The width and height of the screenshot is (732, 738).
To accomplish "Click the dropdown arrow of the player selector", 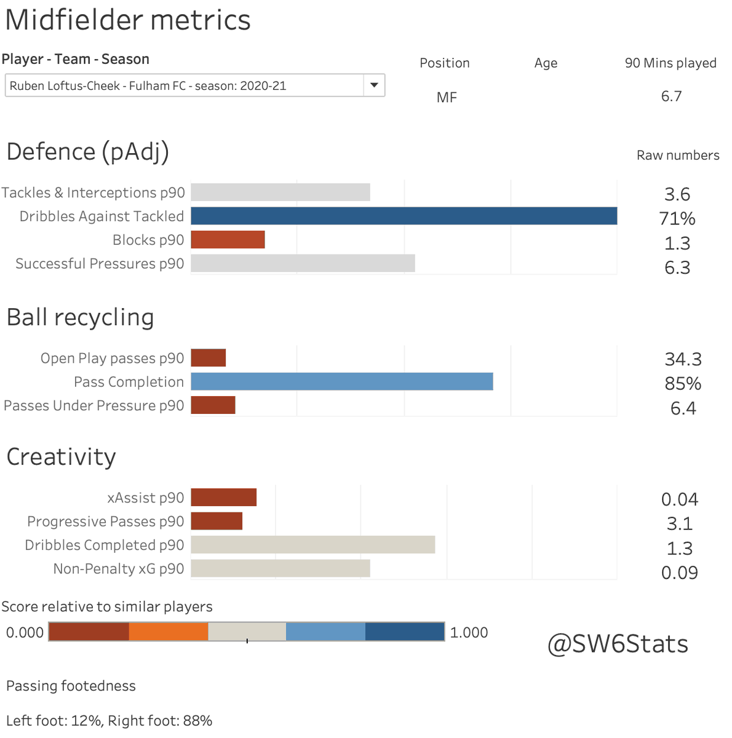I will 373,85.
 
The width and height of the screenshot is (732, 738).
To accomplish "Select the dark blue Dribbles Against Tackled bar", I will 404,216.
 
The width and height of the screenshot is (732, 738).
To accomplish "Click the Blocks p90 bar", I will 228,240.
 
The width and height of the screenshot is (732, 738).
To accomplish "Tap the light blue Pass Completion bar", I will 341,381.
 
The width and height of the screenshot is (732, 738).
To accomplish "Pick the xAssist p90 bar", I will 223,497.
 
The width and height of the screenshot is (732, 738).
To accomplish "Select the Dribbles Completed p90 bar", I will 312,545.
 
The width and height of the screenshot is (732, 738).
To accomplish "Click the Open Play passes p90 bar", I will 208,358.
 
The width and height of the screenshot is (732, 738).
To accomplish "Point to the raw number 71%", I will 677,218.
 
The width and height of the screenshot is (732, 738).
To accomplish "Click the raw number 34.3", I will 683,359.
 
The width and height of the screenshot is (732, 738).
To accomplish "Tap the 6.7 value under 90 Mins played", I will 671,97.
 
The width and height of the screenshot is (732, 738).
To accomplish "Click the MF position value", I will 447,97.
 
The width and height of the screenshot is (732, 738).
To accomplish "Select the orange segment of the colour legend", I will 168,632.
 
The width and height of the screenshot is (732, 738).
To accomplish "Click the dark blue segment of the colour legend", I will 404,632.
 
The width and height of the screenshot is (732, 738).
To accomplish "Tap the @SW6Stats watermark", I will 618,644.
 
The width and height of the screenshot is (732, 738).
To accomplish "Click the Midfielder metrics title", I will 128,20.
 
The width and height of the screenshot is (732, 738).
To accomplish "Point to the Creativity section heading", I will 61,457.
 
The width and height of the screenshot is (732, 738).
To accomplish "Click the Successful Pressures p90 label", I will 100,264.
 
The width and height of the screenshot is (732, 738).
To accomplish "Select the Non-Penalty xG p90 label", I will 118,569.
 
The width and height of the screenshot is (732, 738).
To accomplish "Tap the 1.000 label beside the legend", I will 469,632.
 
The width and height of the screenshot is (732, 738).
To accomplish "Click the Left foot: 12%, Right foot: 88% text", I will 109,721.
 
